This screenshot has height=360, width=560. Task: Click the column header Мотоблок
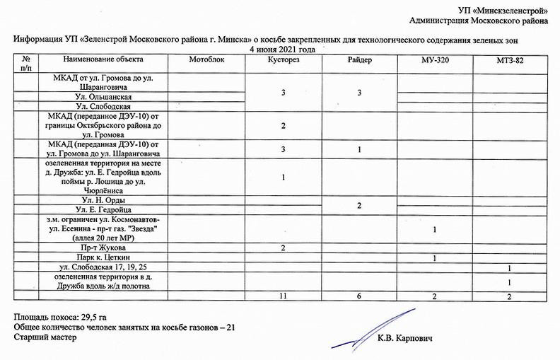tap(206, 60)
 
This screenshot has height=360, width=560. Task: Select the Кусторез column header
tap(284, 60)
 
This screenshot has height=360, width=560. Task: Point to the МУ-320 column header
tap(434, 61)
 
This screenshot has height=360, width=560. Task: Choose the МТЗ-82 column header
tap(509, 61)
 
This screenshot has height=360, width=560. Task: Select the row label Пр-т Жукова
tap(99, 248)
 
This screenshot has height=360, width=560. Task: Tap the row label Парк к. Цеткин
tap(104, 257)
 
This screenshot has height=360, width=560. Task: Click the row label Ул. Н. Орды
tap(104, 200)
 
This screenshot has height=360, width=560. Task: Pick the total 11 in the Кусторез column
tap(283, 295)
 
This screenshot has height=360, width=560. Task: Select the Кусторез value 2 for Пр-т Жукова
tap(283, 248)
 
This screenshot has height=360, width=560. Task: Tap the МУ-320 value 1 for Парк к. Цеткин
tap(434, 257)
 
